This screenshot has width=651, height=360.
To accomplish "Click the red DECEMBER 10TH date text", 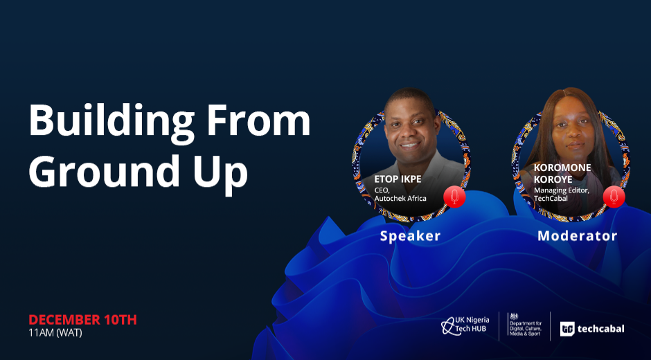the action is tap(82, 320).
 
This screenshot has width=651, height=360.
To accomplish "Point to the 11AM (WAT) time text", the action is tap(55, 332).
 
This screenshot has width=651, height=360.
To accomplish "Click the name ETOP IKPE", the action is tap(398, 180).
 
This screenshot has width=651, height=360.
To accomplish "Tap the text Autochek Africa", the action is tap(400, 199).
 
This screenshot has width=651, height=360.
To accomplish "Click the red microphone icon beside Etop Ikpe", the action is tap(454, 197).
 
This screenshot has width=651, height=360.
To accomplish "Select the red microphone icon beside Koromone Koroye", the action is tap(614, 197).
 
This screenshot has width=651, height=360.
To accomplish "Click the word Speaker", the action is tap(410, 236).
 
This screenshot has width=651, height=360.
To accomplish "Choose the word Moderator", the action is tap(578, 236).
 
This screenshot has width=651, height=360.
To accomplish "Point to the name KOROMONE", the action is tap(562, 168).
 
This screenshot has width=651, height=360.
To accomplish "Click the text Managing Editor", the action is tap(562, 190).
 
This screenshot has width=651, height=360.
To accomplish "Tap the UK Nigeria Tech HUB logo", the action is tap(465, 326).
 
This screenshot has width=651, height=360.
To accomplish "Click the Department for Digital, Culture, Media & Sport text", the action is tap(525, 328).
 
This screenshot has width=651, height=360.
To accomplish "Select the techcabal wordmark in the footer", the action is tap(600, 329).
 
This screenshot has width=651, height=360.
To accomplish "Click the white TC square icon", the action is tap(567, 329).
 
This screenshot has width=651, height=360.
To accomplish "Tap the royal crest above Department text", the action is tap(514, 316).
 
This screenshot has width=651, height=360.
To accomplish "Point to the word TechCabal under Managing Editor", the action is tap(551, 199).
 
